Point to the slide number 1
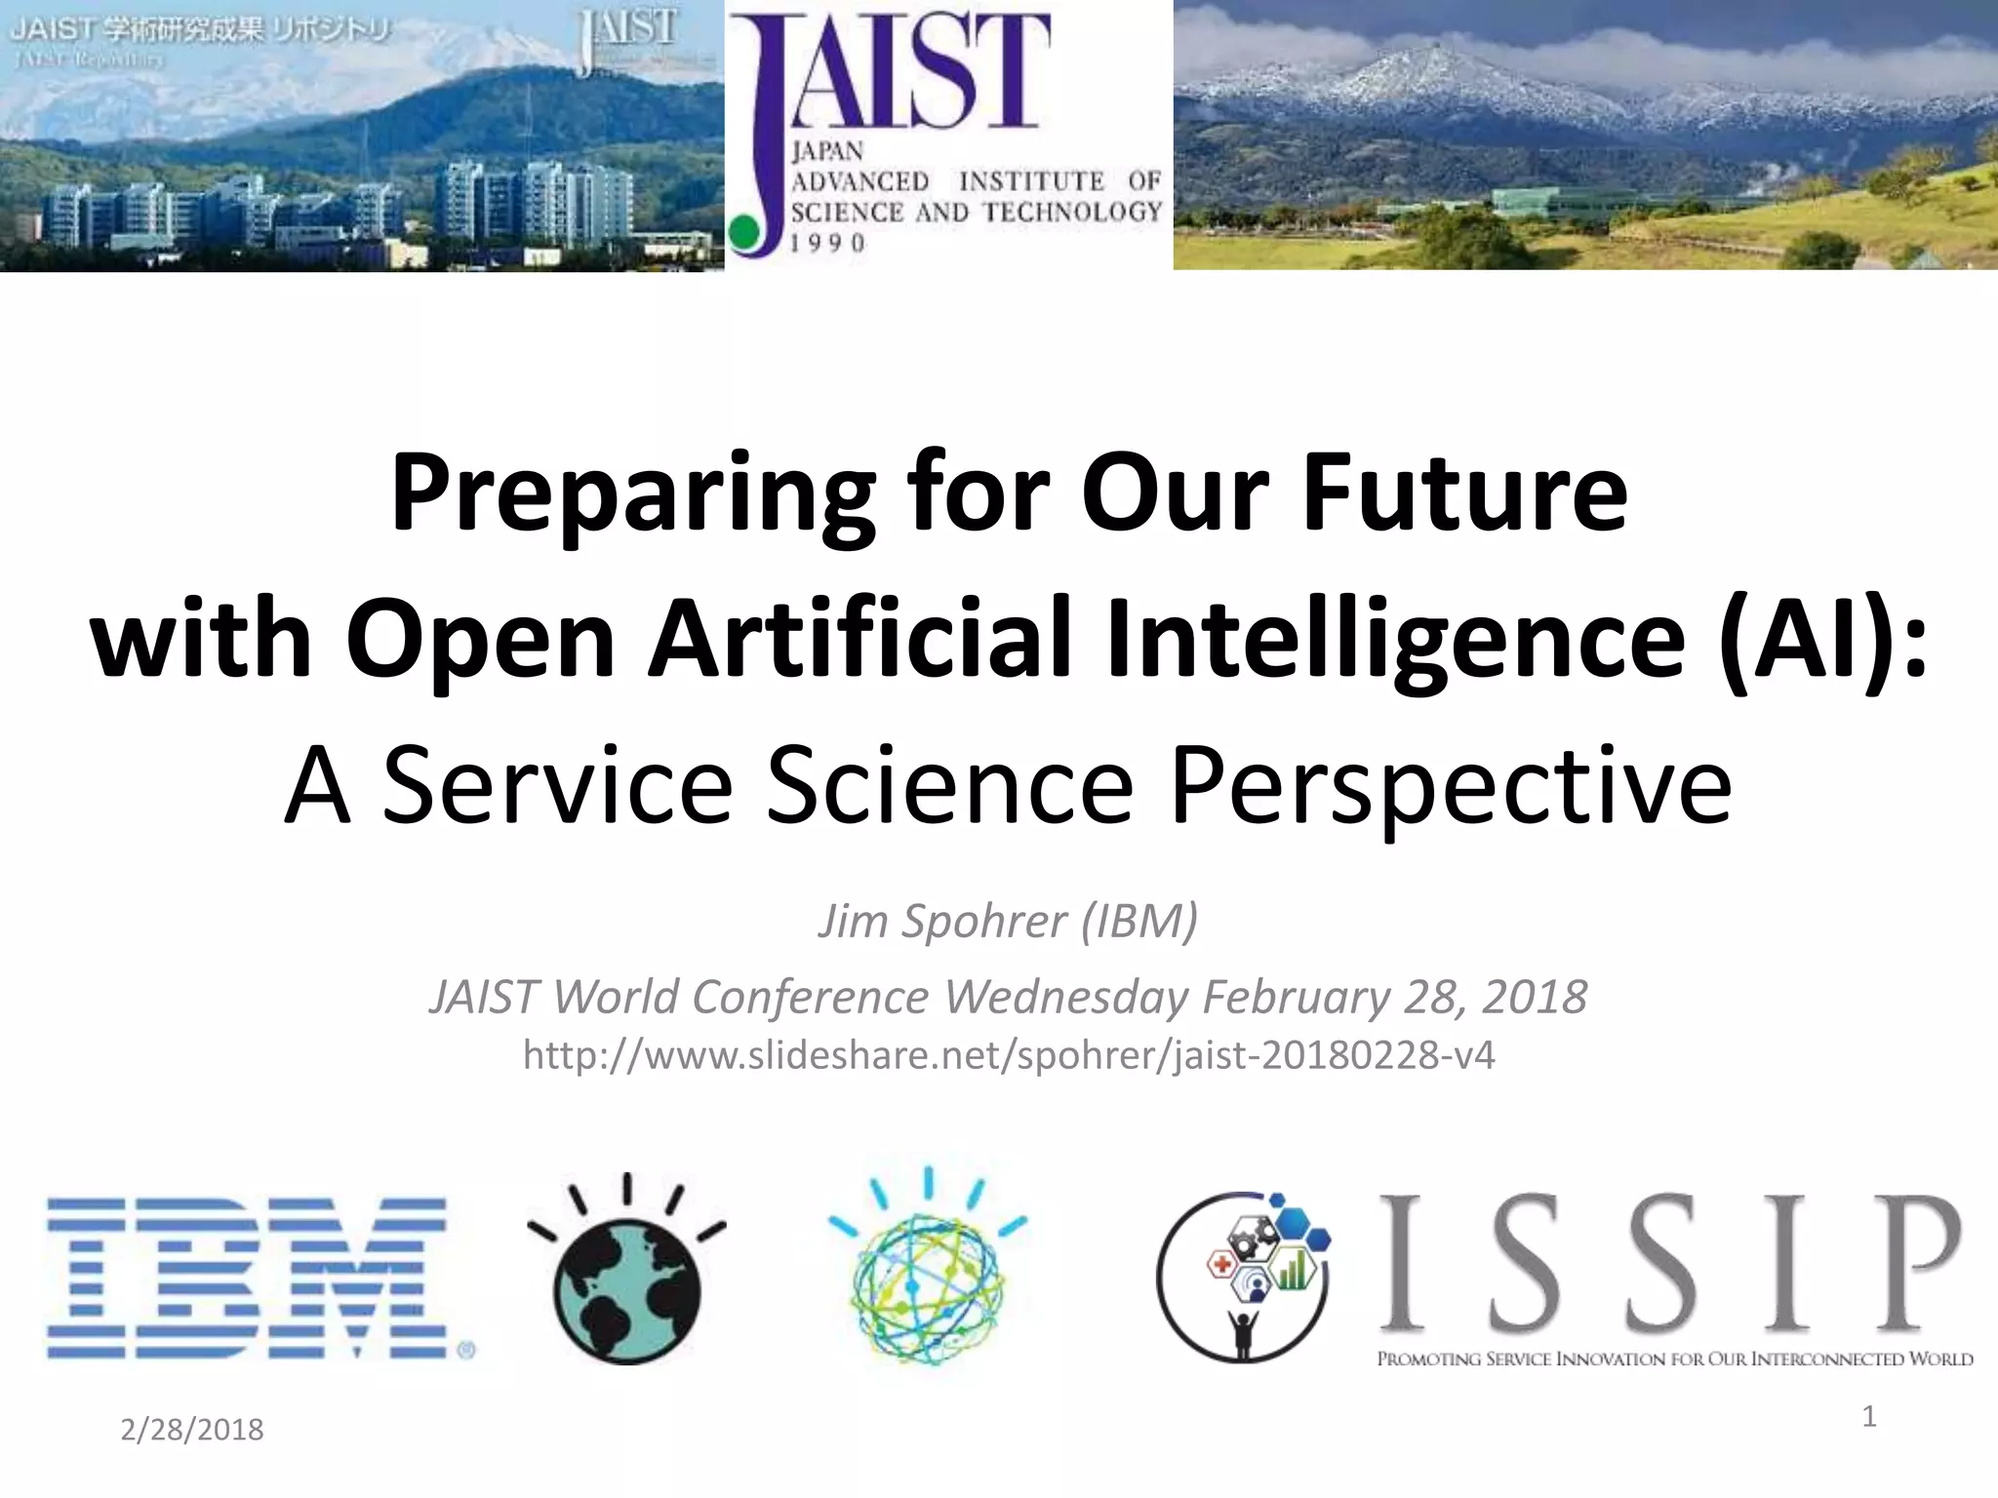coord(1869,1416)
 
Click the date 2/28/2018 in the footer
coord(192,1430)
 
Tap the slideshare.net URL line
coord(1009,1055)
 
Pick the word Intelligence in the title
coord(1395,639)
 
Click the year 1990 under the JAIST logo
coord(828,243)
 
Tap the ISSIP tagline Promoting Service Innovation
coord(1674,1359)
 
